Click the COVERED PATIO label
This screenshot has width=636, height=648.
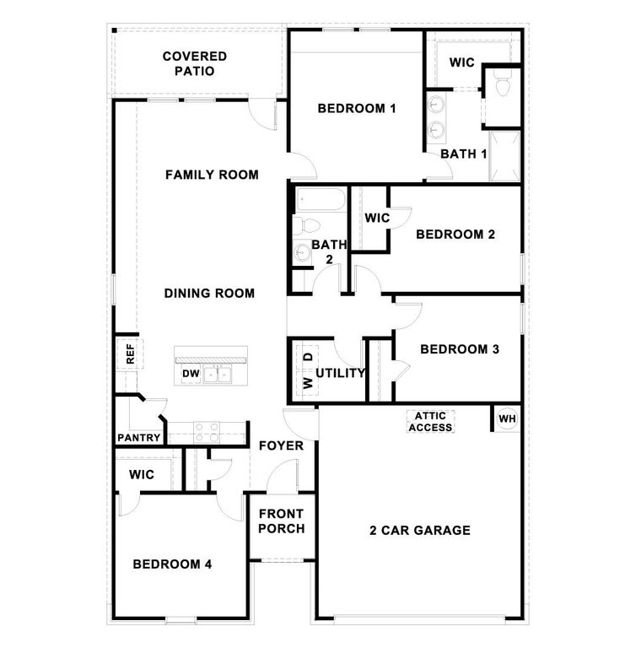tap(194, 63)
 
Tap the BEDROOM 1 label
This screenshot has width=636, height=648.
tap(357, 108)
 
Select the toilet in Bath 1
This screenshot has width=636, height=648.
tap(502, 85)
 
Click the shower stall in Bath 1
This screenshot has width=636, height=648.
tap(504, 156)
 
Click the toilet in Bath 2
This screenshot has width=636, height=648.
tap(305, 226)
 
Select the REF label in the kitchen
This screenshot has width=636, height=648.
tap(130, 352)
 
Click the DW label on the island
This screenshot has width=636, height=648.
tap(190, 373)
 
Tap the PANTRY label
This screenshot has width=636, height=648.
tap(138, 438)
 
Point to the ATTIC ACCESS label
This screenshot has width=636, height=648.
tap(430, 422)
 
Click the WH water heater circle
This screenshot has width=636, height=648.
tap(506, 418)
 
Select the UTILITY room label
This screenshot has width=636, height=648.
tap(340, 372)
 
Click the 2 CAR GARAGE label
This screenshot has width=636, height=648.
tap(419, 531)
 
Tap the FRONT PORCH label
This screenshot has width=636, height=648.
tap(282, 521)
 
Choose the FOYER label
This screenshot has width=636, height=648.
tap(281, 445)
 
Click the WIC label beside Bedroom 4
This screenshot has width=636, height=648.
tap(142, 475)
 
